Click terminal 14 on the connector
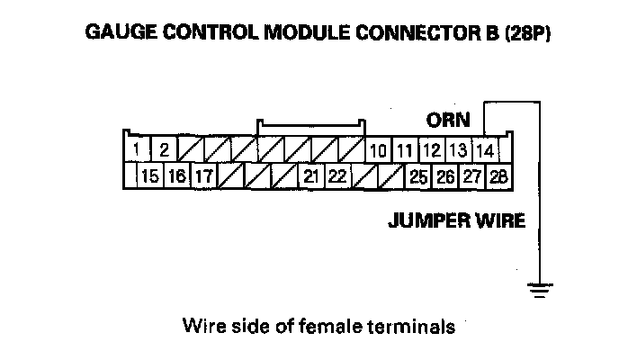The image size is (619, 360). click(x=485, y=149)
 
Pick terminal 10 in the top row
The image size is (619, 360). click(x=379, y=149)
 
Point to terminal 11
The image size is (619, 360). click(x=406, y=149)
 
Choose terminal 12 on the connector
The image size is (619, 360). click(x=432, y=149)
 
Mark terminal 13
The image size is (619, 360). click(x=458, y=149)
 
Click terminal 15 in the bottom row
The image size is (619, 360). click(x=150, y=176)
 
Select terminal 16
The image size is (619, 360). click(x=176, y=176)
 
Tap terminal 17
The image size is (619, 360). click(x=203, y=176)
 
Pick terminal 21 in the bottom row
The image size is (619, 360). click(x=311, y=176)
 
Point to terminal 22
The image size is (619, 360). click(x=337, y=176)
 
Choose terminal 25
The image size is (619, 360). click(x=418, y=176)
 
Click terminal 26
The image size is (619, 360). click(x=445, y=176)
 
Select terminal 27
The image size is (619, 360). click(x=471, y=176)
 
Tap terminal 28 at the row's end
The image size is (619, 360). click(x=498, y=176)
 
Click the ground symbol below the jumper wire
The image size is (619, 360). click(x=540, y=288)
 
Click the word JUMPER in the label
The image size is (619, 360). click(x=424, y=220)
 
